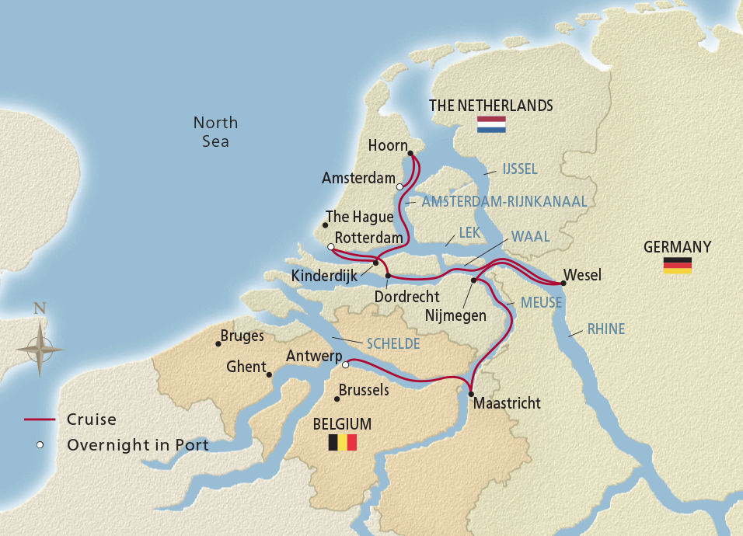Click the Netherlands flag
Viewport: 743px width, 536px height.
click(491, 124)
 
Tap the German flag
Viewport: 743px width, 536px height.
click(677, 266)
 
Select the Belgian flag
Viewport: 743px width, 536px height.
click(342, 443)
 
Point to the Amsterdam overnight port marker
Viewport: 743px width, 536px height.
click(399, 186)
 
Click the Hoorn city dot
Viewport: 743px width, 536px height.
click(410, 153)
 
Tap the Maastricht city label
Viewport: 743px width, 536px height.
click(506, 403)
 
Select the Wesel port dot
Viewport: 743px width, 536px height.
click(563, 284)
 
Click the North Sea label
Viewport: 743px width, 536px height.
click(215, 132)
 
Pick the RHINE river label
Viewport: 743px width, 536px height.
click(606, 329)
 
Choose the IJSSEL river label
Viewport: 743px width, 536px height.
click(520, 169)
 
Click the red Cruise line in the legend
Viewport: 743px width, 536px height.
click(40, 420)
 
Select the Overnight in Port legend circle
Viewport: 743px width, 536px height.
click(40, 445)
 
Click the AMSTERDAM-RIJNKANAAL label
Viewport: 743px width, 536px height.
click(504, 201)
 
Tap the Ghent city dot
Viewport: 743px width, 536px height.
click(269, 375)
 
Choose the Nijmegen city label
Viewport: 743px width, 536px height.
click(455, 315)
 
